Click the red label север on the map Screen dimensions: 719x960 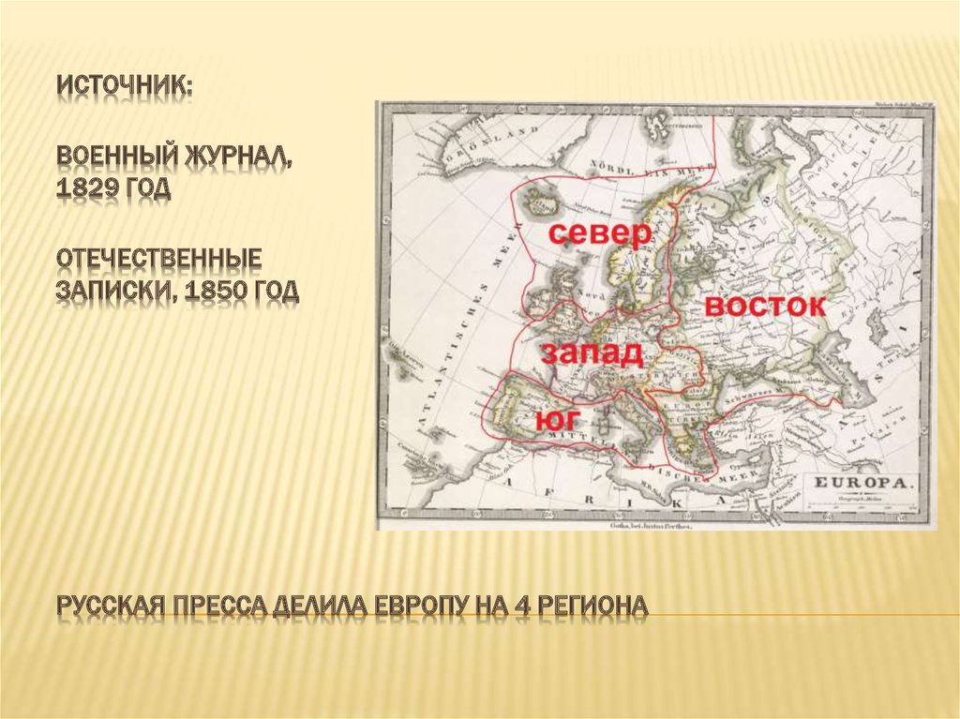click(x=598, y=234)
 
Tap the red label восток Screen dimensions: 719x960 click(x=764, y=307)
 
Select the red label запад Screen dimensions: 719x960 click(x=591, y=354)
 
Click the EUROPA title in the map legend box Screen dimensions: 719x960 click(x=862, y=483)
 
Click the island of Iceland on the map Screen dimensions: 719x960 click(x=541, y=199)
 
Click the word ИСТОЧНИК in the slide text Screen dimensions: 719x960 click(x=125, y=85)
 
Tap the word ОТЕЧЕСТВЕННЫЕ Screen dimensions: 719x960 click(x=157, y=257)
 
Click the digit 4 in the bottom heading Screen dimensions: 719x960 click(x=521, y=607)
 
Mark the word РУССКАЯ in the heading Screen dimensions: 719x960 click(x=106, y=607)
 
